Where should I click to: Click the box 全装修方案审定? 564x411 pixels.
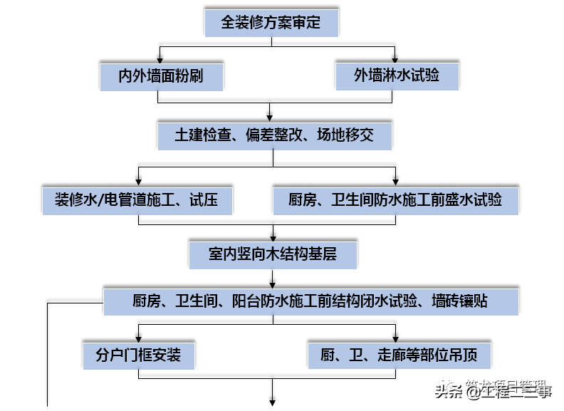click(271, 22)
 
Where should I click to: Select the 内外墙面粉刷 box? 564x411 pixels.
click(161, 75)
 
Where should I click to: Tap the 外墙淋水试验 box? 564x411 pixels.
click(397, 75)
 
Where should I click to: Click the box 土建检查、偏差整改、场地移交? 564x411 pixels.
click(274, 135)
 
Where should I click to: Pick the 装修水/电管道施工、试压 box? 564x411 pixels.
click(137, 199)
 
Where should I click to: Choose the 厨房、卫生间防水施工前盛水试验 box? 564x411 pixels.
click(396, 199)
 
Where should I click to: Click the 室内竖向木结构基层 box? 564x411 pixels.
click(273, 254)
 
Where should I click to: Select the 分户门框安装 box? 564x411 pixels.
click(138, 354)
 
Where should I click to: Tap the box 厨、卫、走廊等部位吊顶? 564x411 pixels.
click(399, 354)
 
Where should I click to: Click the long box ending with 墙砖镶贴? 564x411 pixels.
click(310, 301)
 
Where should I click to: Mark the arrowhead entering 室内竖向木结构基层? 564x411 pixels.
click(273, 236)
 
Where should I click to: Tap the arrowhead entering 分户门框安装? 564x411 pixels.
click(138, 337)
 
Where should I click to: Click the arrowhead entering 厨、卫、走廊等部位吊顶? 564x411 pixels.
click(397, 337)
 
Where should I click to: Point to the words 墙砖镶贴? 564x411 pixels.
click(460, 301)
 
